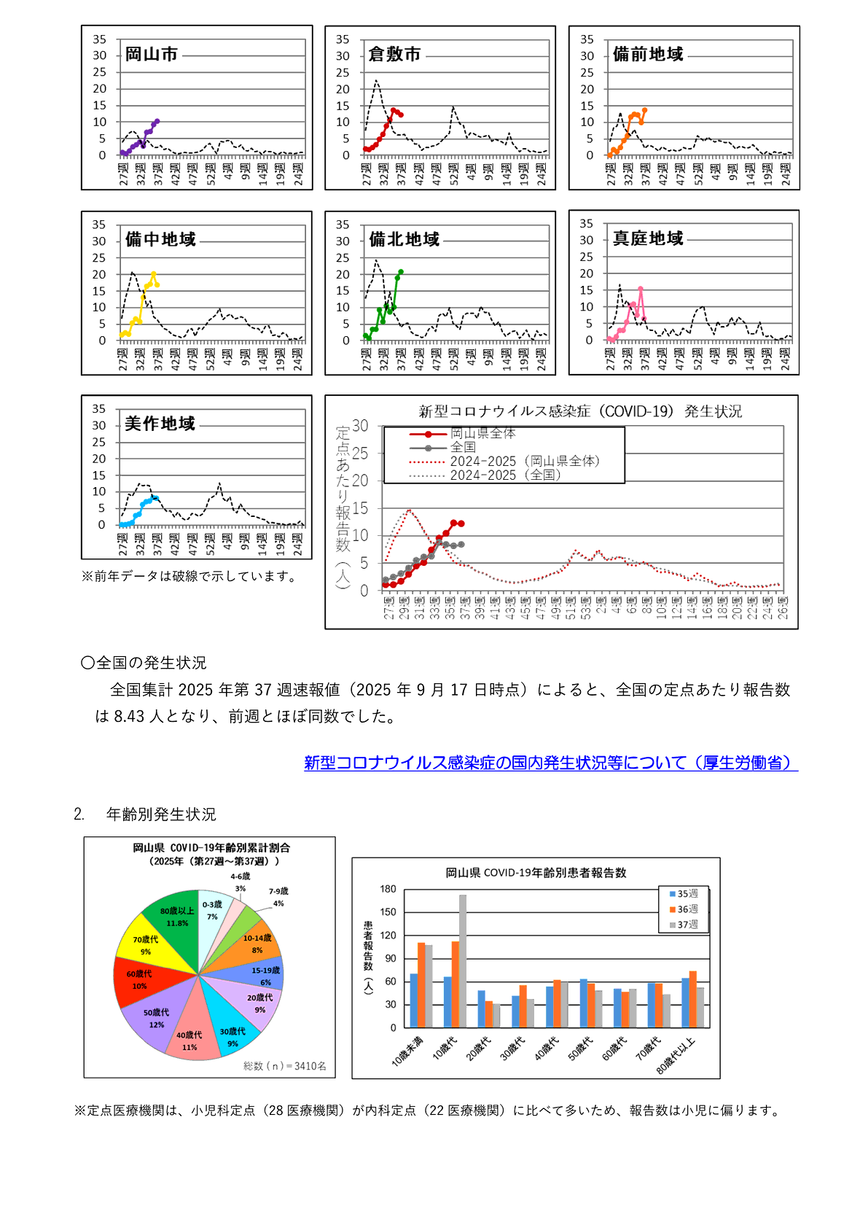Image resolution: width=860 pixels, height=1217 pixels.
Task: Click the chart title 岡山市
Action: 151,55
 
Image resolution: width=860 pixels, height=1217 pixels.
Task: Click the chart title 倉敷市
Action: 394,55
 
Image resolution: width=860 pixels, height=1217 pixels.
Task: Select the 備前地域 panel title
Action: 648,55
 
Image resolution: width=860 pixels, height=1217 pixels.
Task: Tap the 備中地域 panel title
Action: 160,240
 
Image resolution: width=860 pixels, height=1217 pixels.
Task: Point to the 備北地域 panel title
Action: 404,240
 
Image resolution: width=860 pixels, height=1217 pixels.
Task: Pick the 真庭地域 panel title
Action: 648,239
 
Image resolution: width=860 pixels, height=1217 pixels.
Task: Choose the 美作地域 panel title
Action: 160,424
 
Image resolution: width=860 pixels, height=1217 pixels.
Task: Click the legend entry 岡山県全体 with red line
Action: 482,434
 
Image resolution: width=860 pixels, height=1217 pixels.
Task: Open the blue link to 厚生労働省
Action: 551,763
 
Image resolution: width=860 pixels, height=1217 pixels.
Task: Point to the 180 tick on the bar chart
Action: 388,890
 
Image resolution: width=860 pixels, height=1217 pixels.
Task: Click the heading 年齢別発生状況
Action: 161,814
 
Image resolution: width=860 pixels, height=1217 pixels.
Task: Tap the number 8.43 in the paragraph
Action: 129,717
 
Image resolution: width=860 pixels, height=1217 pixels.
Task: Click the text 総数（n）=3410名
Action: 285,1066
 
